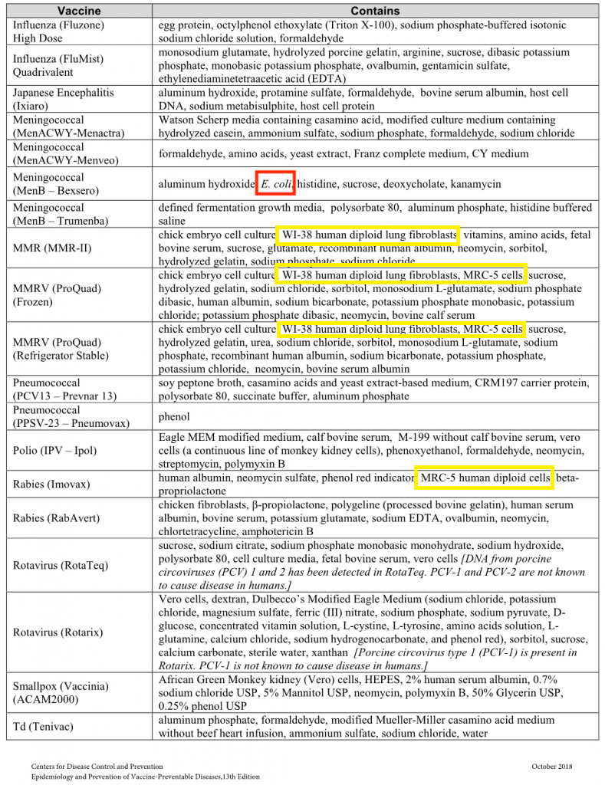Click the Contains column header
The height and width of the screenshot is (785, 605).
coord(375,11)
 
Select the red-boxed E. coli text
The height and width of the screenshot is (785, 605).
coord(275,184)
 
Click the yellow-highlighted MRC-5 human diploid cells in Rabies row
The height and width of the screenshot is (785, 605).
coord(484,478)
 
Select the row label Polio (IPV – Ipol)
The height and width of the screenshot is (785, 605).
coord(55,451)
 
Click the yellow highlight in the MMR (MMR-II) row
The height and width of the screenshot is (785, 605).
coord(367,235)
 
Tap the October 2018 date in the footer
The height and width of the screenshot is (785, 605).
coord(558,766)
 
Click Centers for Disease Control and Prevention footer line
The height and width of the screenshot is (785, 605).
coord(97,766)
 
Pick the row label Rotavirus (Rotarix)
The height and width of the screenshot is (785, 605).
coord(57,632)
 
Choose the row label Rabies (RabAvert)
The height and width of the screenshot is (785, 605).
coord(56,518)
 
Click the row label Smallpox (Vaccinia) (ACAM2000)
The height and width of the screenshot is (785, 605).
coord(61,693)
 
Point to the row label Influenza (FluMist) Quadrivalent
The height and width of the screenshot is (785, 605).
coord(58,66)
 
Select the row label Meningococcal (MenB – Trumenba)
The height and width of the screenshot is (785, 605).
coord(58,215)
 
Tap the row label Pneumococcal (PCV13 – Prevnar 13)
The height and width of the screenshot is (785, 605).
coord(64,389)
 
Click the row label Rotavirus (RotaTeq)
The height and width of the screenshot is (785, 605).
coord(58,565)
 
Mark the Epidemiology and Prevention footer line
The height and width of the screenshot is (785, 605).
coord(146,776)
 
